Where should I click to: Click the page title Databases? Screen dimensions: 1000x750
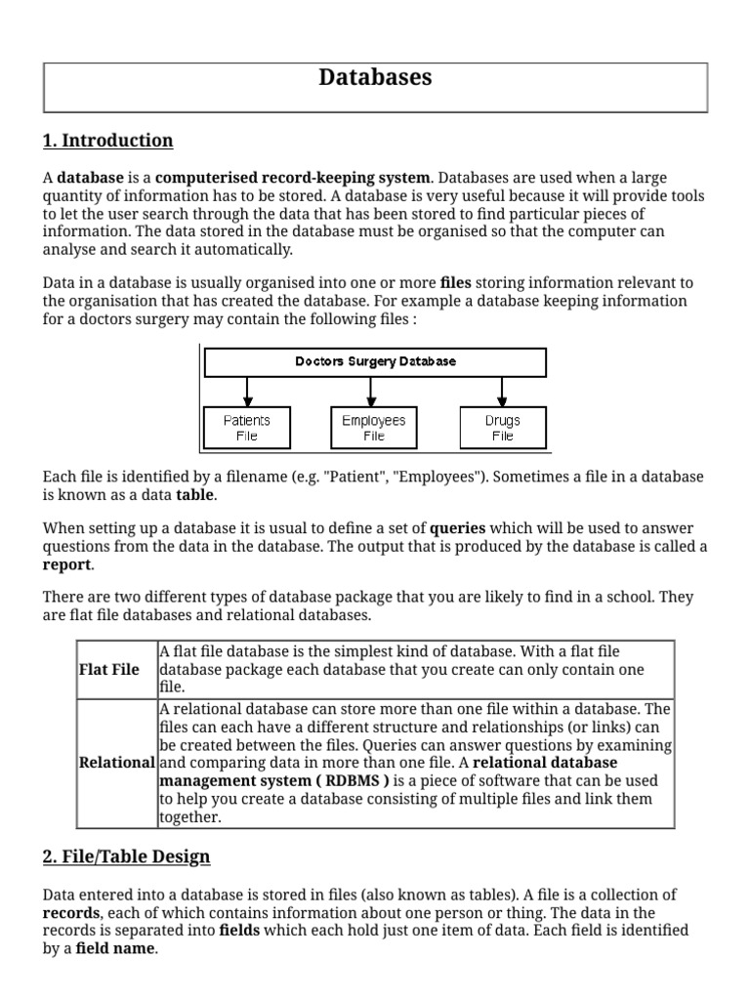point(375,78)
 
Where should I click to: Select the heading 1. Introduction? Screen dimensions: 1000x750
point(107,141)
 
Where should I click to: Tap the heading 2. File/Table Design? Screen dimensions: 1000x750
point(126,857)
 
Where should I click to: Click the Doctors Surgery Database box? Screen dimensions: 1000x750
point(375,361)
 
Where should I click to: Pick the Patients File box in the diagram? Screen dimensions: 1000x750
point(247,428)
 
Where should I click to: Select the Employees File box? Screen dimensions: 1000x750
point(373,428)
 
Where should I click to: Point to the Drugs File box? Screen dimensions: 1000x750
point(502,428)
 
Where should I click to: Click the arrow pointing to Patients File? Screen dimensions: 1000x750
point(248,391)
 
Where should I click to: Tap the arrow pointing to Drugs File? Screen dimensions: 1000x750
point(502,391)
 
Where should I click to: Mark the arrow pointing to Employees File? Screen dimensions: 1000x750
point(372,391)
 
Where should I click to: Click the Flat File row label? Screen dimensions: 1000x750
point(108,670)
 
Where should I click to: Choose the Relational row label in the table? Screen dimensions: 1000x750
point(116,763)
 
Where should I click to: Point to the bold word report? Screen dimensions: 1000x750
point(66,564)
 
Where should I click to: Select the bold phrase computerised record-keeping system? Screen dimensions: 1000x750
point(292,178)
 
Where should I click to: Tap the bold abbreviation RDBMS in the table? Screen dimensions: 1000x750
point(356,781)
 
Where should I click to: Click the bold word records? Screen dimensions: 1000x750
point(71,912)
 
